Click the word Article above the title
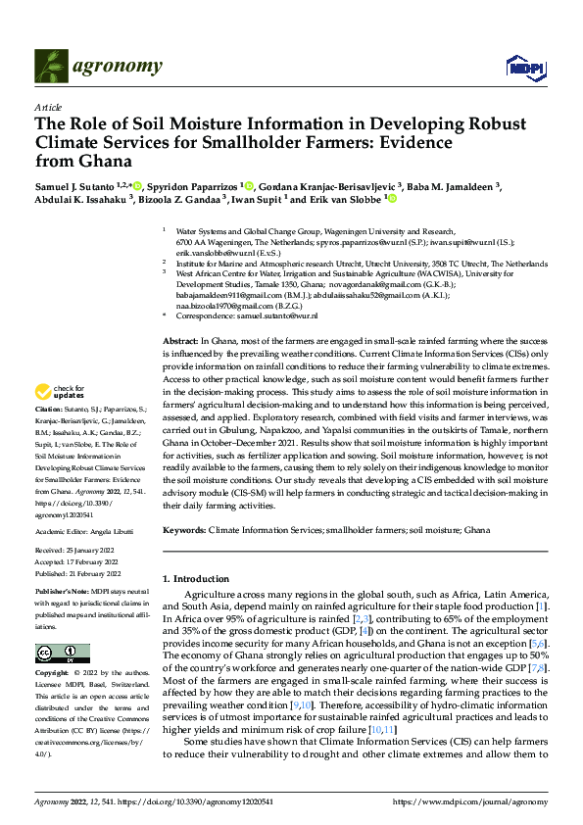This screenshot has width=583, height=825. click(48, 107)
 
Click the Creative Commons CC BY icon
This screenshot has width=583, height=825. click(63, 654)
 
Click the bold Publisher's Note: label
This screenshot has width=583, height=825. click(62, 593)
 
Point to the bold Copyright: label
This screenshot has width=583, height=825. click(52, 675)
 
